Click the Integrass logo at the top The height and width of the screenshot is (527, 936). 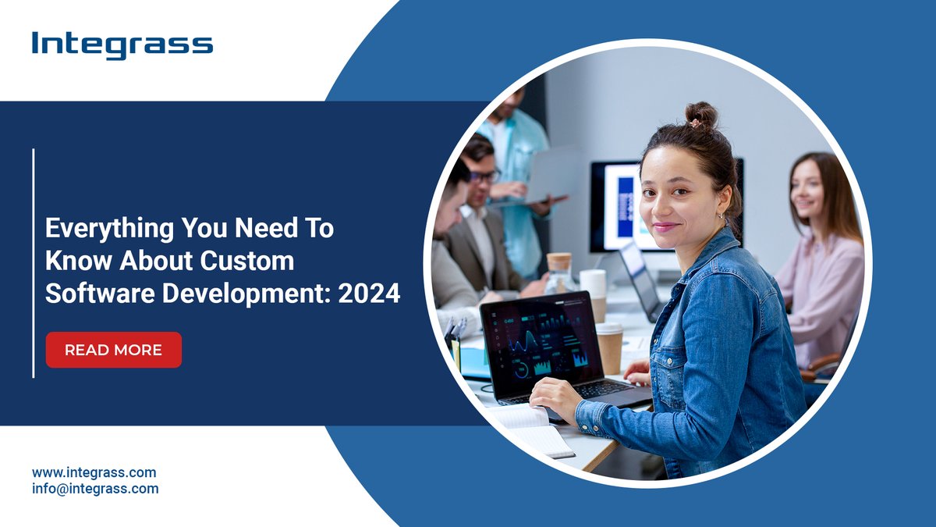pyautogui.click(x=122, y=45)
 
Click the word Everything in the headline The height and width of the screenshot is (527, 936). pyautogui.click(x=101, y=229)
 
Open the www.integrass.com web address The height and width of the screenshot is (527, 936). pyautogui.click(x=94, y=472)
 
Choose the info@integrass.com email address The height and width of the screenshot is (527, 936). pyautogui.click(x=95, y=489)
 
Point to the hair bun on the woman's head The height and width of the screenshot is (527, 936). pyautogui.click(x=701, y=115)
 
